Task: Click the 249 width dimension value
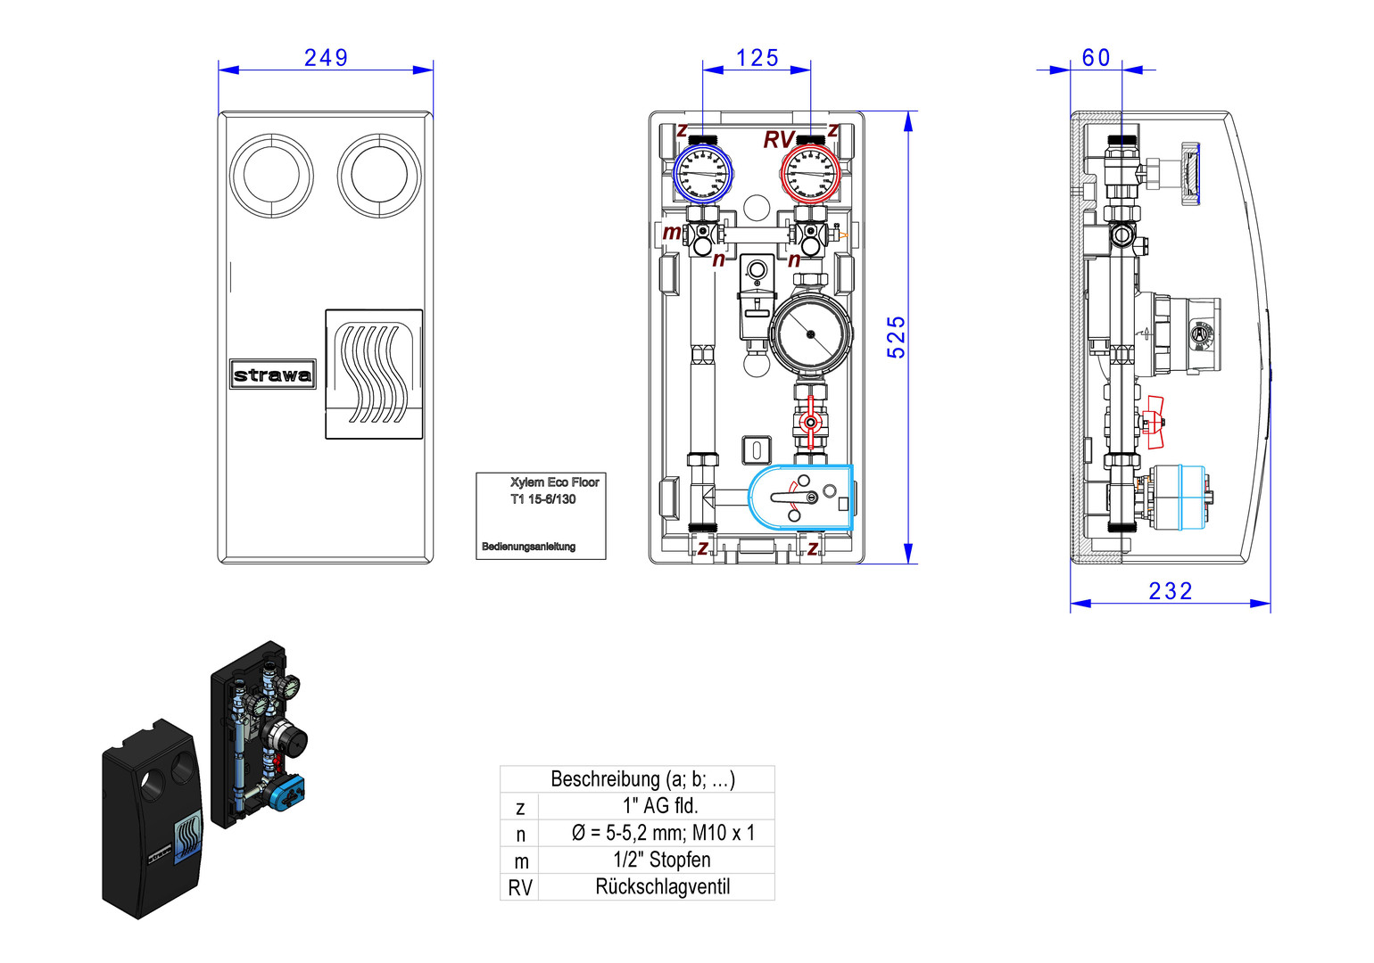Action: click(326, 58)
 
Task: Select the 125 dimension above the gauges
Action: click(757, 58)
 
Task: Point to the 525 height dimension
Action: click(896, 337)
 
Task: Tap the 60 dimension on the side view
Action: click(1097, 58)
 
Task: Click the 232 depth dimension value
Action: click(1171, 591)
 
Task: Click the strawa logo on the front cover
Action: click(273, 374)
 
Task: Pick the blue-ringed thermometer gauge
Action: click(703, 172)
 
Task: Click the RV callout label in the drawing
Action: click(778, 140)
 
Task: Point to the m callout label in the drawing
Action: click(672, 233)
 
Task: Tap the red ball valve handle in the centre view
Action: click(810, 423)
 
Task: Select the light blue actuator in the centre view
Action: click(801, 498)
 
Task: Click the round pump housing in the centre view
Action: click(810, 333)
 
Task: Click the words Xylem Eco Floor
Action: click(554, 482)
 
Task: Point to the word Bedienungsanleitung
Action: click(528, 547)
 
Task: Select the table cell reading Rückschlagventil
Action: click(662, 887)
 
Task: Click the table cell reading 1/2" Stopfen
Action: click(662, 860)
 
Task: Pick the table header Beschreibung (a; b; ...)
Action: click(642, 778)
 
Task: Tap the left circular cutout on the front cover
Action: click(271, 176)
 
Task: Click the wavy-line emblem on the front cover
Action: click(374, 374)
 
